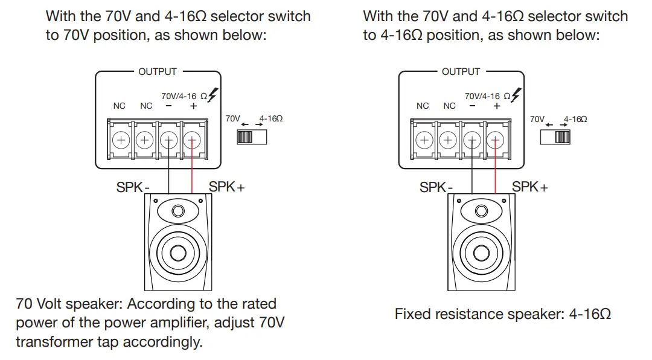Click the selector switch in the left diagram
coord(252,137)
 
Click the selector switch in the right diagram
coord(555,137)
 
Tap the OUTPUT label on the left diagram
coord(158,72)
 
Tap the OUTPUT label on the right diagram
coord(461,72)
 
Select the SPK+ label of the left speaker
coord(226,187)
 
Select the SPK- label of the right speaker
coord(436,187)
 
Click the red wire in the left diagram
coord(192,167)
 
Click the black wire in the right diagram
coord(472,167)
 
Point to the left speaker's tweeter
coord(178,211)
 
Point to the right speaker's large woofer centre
coord(481,253)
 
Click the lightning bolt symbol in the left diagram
coord(213,95)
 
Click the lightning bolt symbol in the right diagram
coord(516,95)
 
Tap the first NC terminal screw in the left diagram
coord(121,140)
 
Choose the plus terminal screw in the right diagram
coord(495,140)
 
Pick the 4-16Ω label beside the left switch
coord(271,118)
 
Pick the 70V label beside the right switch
coord(537,119)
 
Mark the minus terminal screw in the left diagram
coord(168,140)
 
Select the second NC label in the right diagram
coord(450,106)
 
